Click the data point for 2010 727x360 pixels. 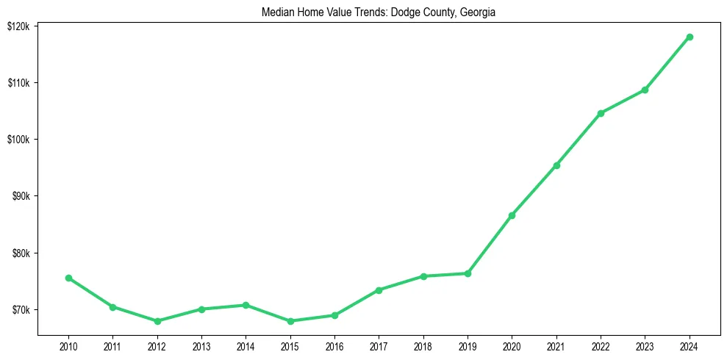coord(68,278)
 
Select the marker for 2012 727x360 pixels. coord(157,321)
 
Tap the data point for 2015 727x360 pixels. coord(290,321)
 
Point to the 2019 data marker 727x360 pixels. coord(468,273)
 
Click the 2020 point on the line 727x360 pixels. coord(512,215)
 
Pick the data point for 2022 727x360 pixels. coord(601,113)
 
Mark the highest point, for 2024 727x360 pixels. coord(690,37)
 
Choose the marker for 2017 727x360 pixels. coord(379,290)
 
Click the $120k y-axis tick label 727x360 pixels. coord(18,26)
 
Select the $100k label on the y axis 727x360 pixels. coord(18,140)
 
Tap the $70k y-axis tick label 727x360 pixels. coord(19,310)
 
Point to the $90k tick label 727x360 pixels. coord(19,196)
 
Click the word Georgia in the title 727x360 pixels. coord(479,12)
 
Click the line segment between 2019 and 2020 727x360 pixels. coord(490,245)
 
